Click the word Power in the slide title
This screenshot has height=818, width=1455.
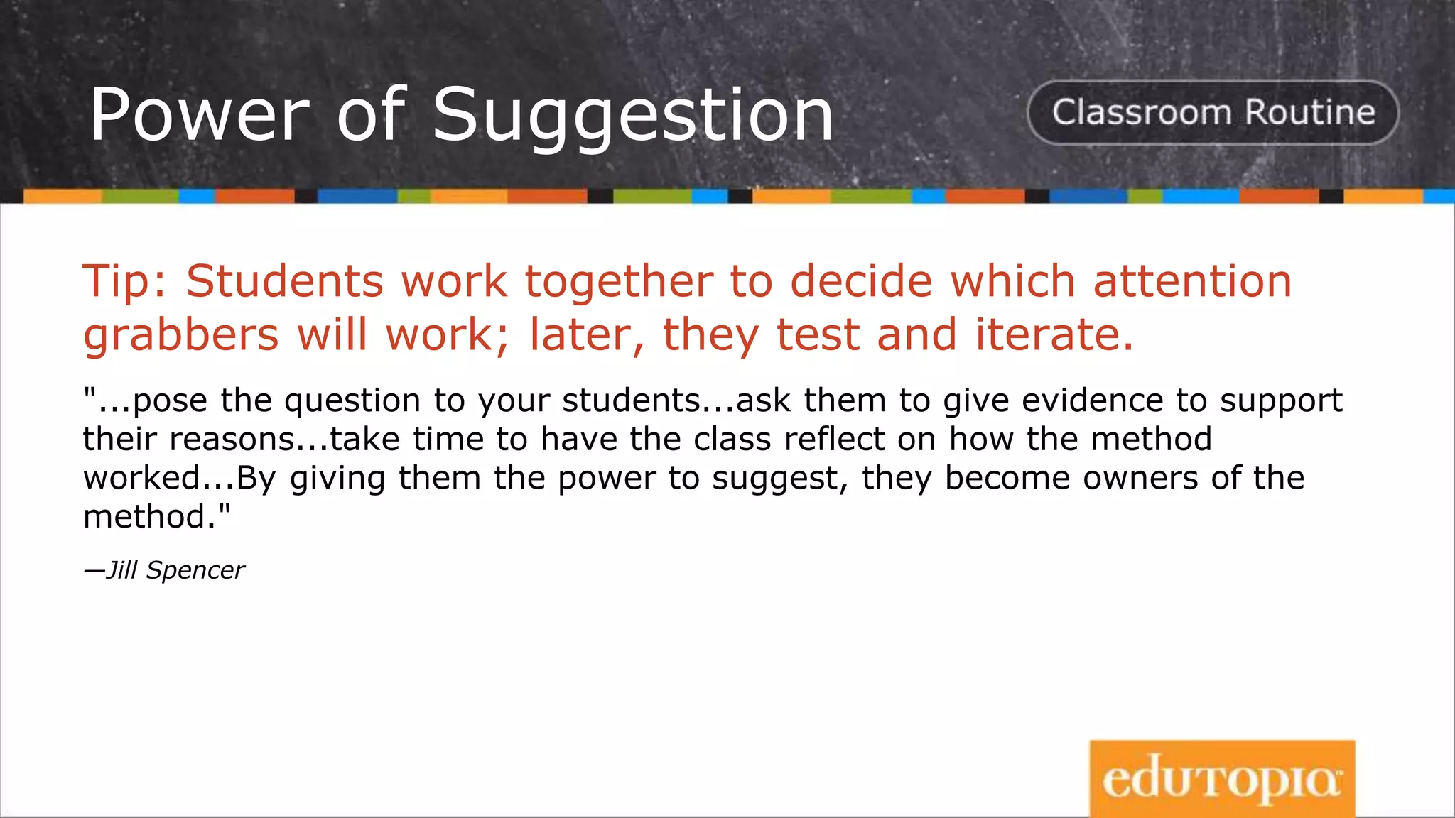[200, 115]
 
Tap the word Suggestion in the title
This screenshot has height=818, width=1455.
[633, 115]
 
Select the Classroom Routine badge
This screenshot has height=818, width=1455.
[1213, 112]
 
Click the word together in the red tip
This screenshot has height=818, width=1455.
[619, 281]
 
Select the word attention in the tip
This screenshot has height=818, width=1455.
[1192, 281]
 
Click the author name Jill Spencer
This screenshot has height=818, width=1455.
[174, 570]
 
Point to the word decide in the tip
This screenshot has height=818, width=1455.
[861, 281]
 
